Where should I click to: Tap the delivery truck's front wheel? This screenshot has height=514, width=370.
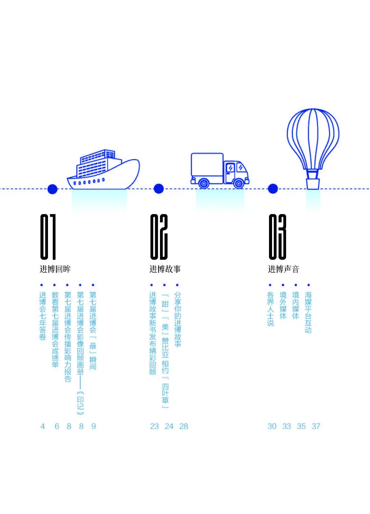(238, 183)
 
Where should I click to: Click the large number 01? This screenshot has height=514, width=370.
(48, 236)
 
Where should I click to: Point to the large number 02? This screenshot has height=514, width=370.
(159, 236)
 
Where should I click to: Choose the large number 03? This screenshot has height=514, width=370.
(277, 236)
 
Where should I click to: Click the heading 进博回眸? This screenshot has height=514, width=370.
(55, 269)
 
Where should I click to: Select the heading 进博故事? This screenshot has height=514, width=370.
(165, 269)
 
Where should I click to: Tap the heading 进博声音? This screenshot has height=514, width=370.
(284, 269)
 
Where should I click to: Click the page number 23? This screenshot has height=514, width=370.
(155, 426)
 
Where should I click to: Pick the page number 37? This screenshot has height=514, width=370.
(316, 426)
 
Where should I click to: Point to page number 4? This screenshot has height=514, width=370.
(42, 426)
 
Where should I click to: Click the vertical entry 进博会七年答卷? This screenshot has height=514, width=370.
(42, 316)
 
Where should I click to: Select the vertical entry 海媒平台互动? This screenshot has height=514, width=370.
(308, 312)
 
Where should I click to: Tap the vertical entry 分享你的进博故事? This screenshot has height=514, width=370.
(177, 319)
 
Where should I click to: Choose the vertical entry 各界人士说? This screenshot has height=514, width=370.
(270, 309)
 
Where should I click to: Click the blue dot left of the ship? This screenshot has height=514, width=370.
(52, 189)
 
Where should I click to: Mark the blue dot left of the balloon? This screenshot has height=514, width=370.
(273, 189)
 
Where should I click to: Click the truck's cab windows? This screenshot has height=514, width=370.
(236, 168)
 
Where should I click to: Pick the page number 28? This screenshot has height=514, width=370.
(184, 426)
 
